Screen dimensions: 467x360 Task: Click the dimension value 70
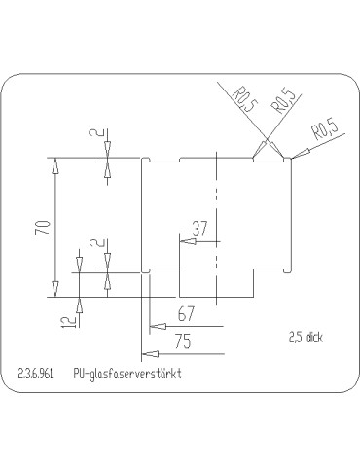pyautogui.click(x=41, y=231)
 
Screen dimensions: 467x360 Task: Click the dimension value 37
pyautogui.click(x=199, y=229)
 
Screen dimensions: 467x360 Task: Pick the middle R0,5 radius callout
pyautogui.click(x=282, y=102)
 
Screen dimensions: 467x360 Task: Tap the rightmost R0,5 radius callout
pyautogui.click(x=324, y=130)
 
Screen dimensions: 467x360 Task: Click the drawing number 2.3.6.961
pyautogui.click(x=36, y=373)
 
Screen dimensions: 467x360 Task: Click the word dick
pyautogui.click(x=314, y=339)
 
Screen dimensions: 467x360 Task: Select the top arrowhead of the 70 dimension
pyautogui.click(x=54, y=164)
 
